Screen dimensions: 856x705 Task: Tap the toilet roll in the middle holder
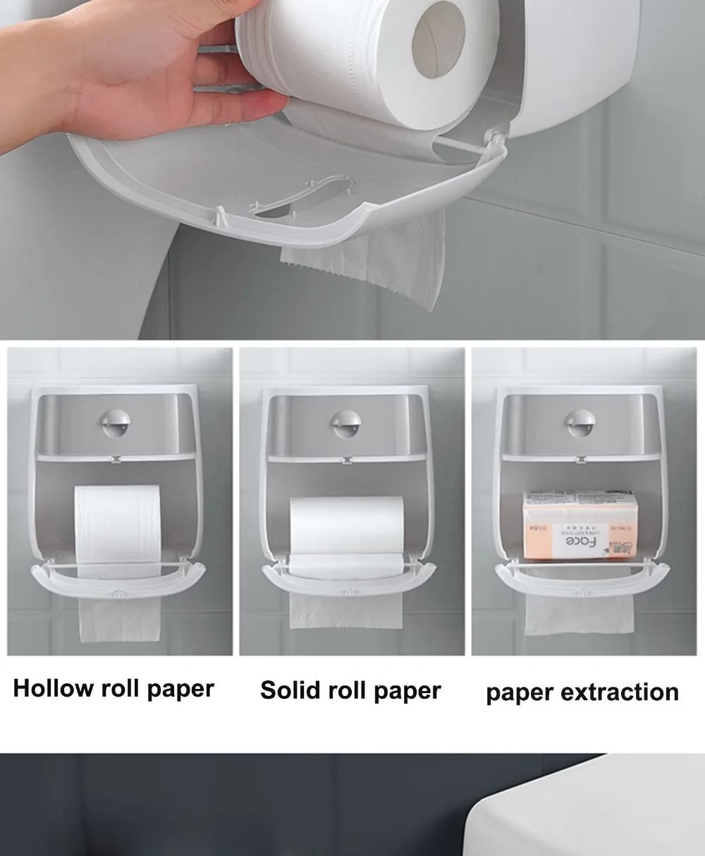click(x=345, y=525)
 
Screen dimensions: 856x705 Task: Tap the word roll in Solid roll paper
click(x=351, y=690)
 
